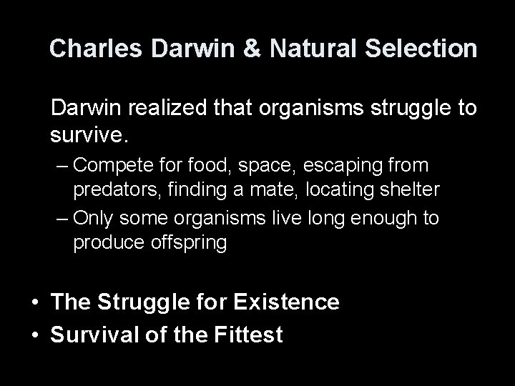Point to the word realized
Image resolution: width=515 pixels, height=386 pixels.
coord(169,109)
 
